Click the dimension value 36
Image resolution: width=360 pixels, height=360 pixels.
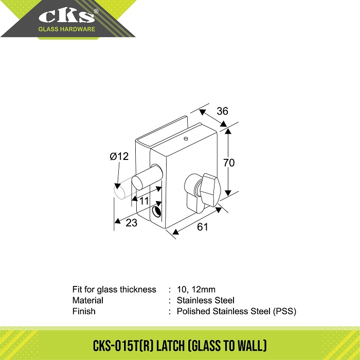point(222,111)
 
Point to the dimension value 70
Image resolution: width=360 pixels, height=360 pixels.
point(229,163)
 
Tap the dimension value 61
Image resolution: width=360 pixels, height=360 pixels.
point(202,227)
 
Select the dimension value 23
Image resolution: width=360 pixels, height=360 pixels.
point(132,223)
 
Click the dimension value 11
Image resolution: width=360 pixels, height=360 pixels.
point(144,201)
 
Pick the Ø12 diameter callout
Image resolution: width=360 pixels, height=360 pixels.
point(119,156)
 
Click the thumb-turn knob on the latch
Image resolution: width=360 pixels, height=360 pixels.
point(210,190)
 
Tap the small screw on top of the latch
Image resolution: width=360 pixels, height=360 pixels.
point(186,138)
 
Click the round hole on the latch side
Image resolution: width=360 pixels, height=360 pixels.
point(156,211)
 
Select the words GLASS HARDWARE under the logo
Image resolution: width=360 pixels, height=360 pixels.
point(66,29)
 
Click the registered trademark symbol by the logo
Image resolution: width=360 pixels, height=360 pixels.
point(96,11)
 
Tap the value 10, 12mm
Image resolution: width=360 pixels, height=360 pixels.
point(196,289)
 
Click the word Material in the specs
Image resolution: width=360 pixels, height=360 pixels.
point(88,300)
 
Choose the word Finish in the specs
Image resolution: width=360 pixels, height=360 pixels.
point(84,311)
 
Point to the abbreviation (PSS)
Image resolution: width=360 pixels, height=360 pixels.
point(284,311)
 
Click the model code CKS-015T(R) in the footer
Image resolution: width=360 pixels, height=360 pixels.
point(123,346)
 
